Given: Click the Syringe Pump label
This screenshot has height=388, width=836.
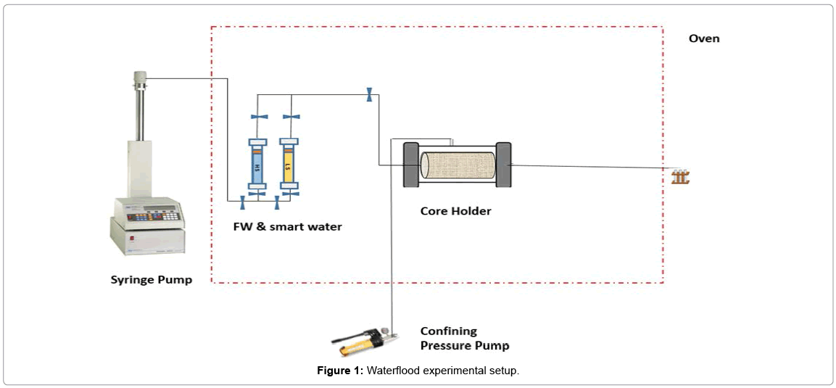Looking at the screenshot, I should coord(151,279).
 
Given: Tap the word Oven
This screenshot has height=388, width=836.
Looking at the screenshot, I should coord(703,38).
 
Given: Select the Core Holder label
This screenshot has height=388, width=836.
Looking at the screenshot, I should coord(455,211).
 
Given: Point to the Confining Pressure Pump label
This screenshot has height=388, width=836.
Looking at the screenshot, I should coord(465,339).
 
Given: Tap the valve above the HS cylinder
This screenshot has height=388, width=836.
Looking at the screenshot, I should coord(259,117).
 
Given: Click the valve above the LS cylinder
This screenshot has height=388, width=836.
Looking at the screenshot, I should coord(289,117).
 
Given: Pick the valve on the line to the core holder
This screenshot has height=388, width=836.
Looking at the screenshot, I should coord(369,94).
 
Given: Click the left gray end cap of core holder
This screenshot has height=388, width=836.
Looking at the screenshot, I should coord(410,165).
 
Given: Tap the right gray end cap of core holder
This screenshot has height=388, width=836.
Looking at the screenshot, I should coord(503,165).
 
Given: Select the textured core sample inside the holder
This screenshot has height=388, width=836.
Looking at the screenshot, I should coord(458,165).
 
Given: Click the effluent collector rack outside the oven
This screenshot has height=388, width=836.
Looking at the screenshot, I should coord(679,176).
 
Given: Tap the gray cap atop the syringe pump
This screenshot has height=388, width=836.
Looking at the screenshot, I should coord(140,75).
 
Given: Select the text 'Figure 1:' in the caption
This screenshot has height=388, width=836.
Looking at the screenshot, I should coord(340,371).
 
